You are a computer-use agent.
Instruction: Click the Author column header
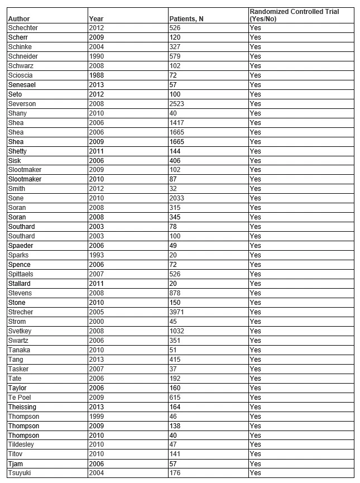coord(18,19)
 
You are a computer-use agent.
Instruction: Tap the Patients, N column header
coord(186,19)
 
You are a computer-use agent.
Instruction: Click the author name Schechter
coord(23,28)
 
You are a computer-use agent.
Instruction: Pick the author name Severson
coord(22,103)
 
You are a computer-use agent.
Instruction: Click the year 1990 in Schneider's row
coord(97,56)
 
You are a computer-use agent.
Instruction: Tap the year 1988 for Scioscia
coord(97,75)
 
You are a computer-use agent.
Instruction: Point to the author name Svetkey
coord(21,331)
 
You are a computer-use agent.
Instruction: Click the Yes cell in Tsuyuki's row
coord(255,473)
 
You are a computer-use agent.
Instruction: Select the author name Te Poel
coord(21,397)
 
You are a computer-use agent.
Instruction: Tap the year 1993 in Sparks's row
coord(97,255)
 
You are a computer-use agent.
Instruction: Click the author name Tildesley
coord(22,444)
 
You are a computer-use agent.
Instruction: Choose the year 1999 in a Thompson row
coord(97,416)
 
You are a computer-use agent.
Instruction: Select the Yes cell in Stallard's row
coord(255,284)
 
